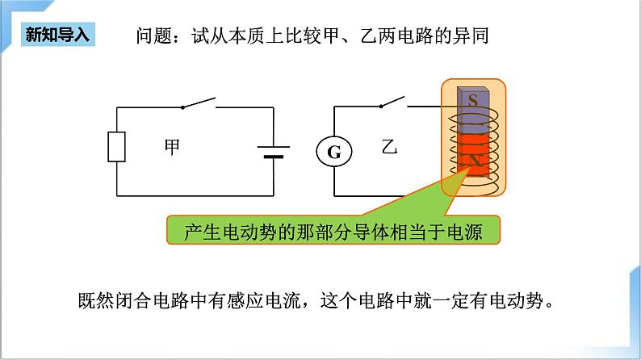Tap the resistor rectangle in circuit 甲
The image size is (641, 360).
click(117, 147)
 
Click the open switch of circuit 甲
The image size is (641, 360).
click(198, 103)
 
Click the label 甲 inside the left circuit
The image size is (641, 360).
click(173, 147)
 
